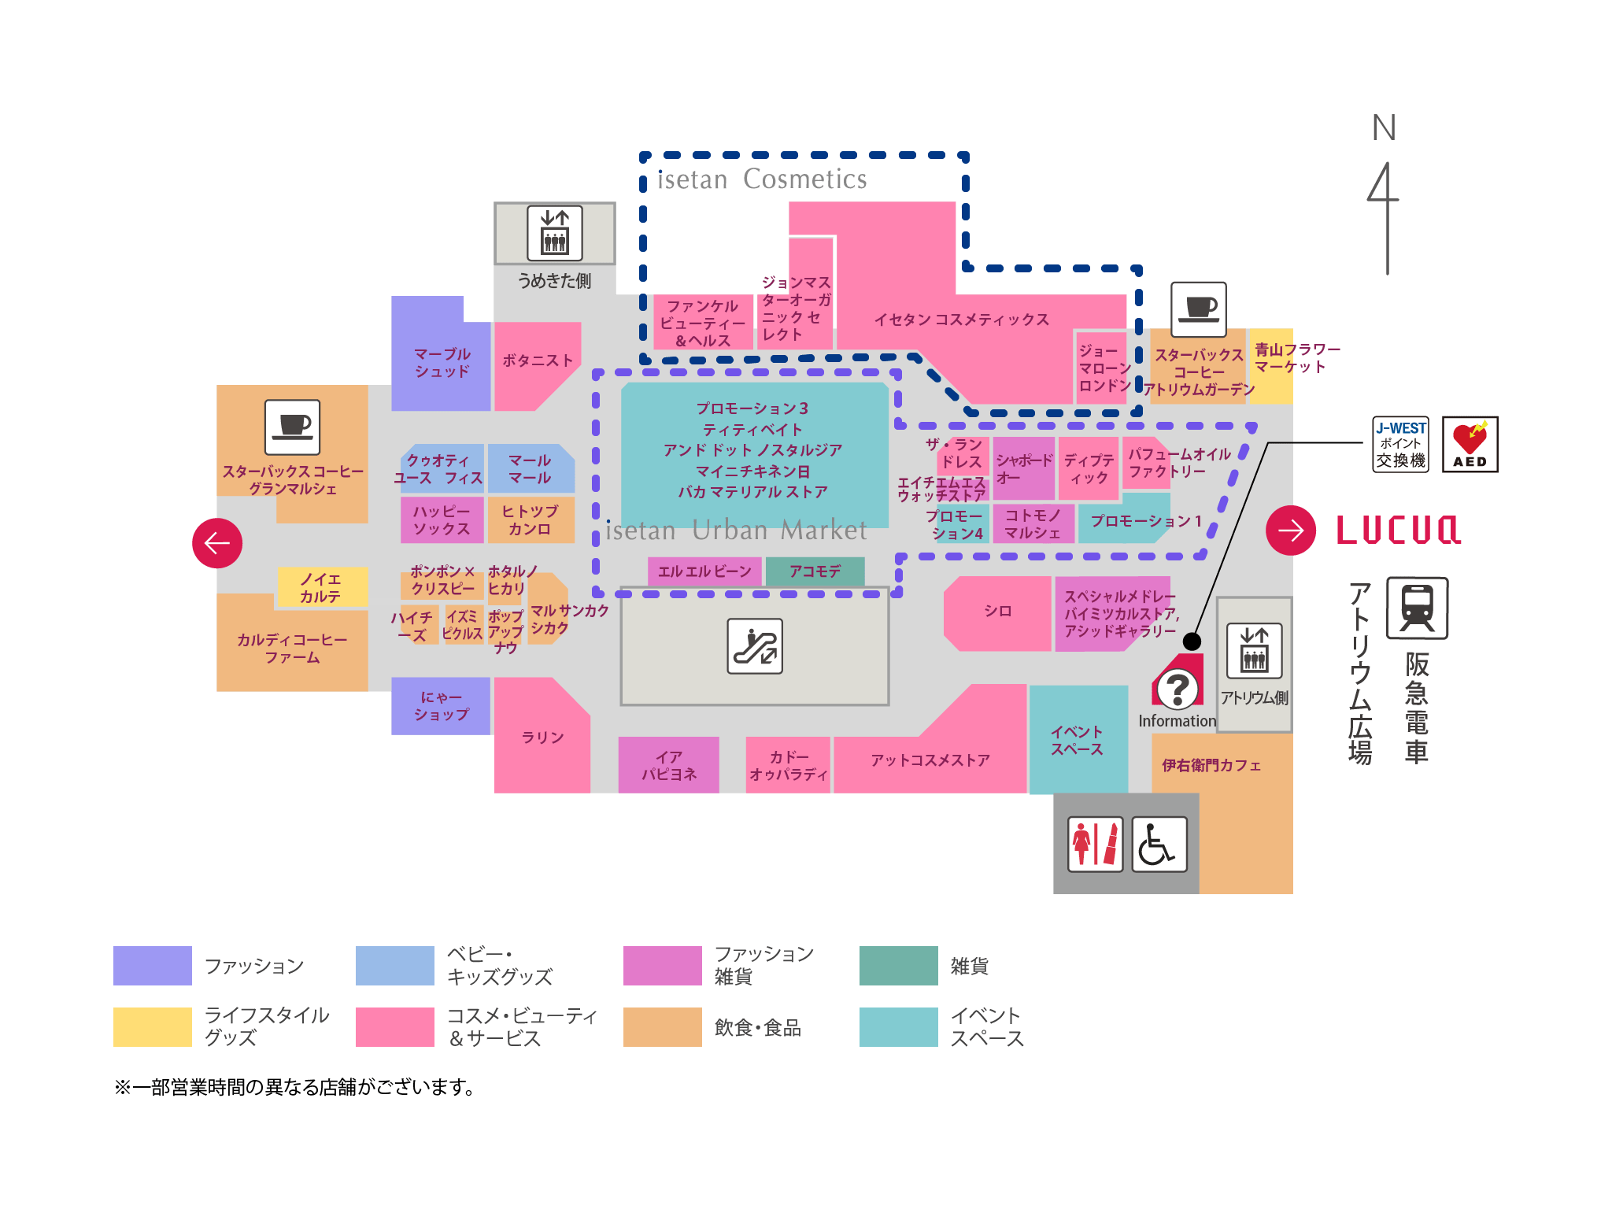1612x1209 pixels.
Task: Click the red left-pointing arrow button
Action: coord(217,543)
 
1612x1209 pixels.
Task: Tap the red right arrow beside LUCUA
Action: coord(1290,531)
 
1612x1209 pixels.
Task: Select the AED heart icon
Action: coord(1470,445)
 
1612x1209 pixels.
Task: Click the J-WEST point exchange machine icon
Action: coord(1400,445)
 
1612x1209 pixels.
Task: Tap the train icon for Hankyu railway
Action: coord(1417,608)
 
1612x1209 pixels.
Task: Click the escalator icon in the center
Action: coord(755,646)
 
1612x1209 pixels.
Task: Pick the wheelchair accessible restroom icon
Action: coord(1159,844)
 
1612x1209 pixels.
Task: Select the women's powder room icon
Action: coord(1095,844)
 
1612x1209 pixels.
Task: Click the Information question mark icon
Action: coord(1177,688)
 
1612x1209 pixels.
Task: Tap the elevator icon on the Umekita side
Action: coord(555,233)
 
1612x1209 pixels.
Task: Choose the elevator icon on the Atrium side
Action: coord(1254,651)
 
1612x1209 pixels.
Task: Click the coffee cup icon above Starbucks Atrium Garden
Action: coord(1199,309)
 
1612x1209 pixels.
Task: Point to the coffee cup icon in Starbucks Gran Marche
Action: coord(292,427)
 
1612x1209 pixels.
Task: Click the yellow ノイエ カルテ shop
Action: coord(321,588)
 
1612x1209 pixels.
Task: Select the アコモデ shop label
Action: coord(815,571)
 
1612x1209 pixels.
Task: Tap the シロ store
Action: coord(997,612)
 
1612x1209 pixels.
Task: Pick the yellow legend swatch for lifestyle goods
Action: coord(153,1027)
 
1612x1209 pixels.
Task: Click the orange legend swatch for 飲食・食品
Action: coord(662,1027)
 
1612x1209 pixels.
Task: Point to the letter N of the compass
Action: coord(1384,128)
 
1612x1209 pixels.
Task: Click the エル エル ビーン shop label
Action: coord(704,571)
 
